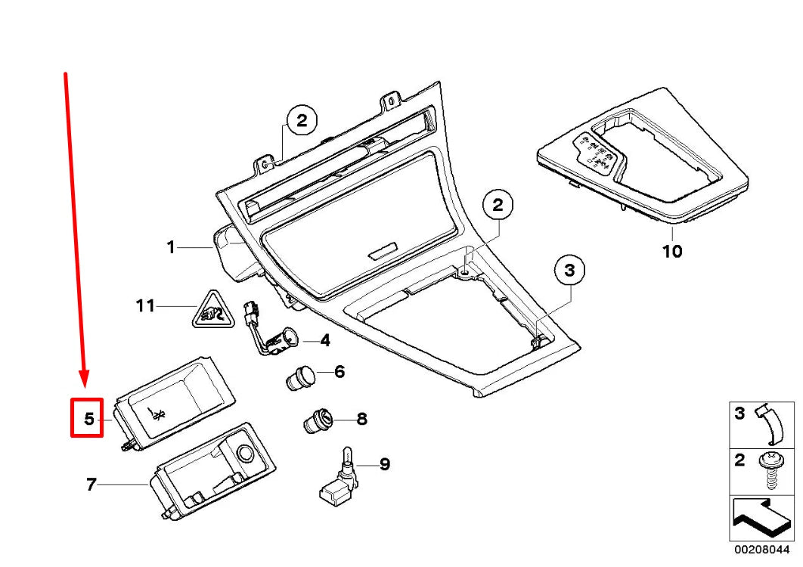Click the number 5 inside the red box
88,418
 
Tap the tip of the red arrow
85,382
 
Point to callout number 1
171,247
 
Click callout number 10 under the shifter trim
671,250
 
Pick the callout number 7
91,485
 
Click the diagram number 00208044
761,550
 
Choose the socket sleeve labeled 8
318,420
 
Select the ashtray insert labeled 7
212,472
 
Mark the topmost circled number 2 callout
301,120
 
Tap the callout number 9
384,464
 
